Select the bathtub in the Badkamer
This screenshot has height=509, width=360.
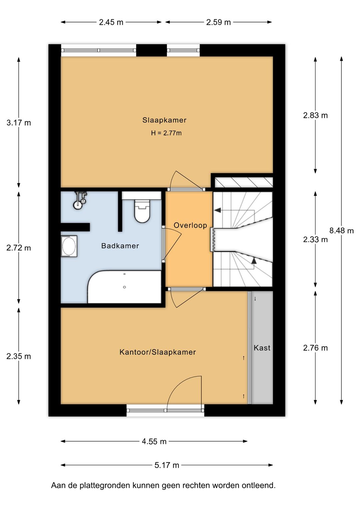[124, 287]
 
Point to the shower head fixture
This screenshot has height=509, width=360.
[80, 200]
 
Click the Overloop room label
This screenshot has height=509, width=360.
[190, 225]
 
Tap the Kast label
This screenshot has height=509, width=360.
[262, 348]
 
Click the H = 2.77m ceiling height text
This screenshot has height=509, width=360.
[166, 133]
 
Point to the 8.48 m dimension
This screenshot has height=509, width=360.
[341, 230]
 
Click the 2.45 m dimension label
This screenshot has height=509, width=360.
[111, 22]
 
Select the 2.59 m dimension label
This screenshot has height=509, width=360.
[218, 22]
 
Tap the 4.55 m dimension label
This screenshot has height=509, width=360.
[154, 442]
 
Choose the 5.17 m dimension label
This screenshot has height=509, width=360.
[167, 465]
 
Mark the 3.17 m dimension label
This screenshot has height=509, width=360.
[19, 123]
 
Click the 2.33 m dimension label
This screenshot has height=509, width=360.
[315, 239]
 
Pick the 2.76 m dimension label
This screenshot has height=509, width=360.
[315, 348]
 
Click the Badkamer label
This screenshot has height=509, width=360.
[120, 245]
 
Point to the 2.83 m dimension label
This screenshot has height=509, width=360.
[315, 115]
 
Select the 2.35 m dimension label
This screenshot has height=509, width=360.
[19, 356]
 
